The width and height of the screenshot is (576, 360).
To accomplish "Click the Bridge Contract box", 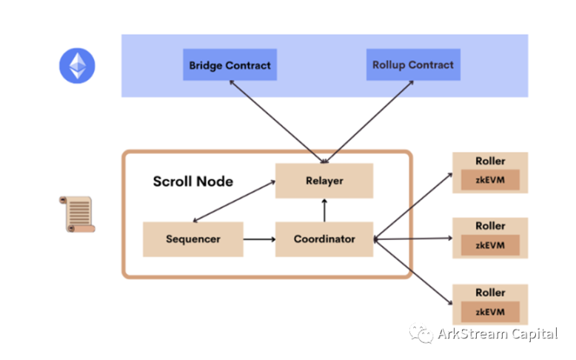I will [230, 65].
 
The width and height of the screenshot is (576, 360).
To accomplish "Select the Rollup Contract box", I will [412, 65].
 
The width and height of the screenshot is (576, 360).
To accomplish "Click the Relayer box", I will [324, 181].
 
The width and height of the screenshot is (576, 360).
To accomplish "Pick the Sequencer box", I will [192, 239].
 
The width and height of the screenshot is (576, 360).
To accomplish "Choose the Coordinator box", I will [324, 239].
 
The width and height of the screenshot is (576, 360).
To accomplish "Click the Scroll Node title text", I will [192, 181].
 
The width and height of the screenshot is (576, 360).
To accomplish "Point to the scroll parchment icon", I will [76, 214].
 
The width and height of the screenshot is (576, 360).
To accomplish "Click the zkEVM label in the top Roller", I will [489, 179].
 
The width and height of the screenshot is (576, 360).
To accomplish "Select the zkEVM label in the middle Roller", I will [489, 245].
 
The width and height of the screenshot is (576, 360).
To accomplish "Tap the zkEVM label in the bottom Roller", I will [489, 311].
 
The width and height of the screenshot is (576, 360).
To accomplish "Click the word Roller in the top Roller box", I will [489, 161].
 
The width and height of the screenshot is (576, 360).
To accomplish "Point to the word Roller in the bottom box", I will [489, 293].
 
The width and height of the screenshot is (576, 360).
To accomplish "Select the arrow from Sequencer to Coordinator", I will [258, 239].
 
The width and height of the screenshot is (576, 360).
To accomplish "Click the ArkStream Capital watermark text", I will [497, 334].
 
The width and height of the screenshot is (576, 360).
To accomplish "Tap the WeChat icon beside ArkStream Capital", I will [423, 335].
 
